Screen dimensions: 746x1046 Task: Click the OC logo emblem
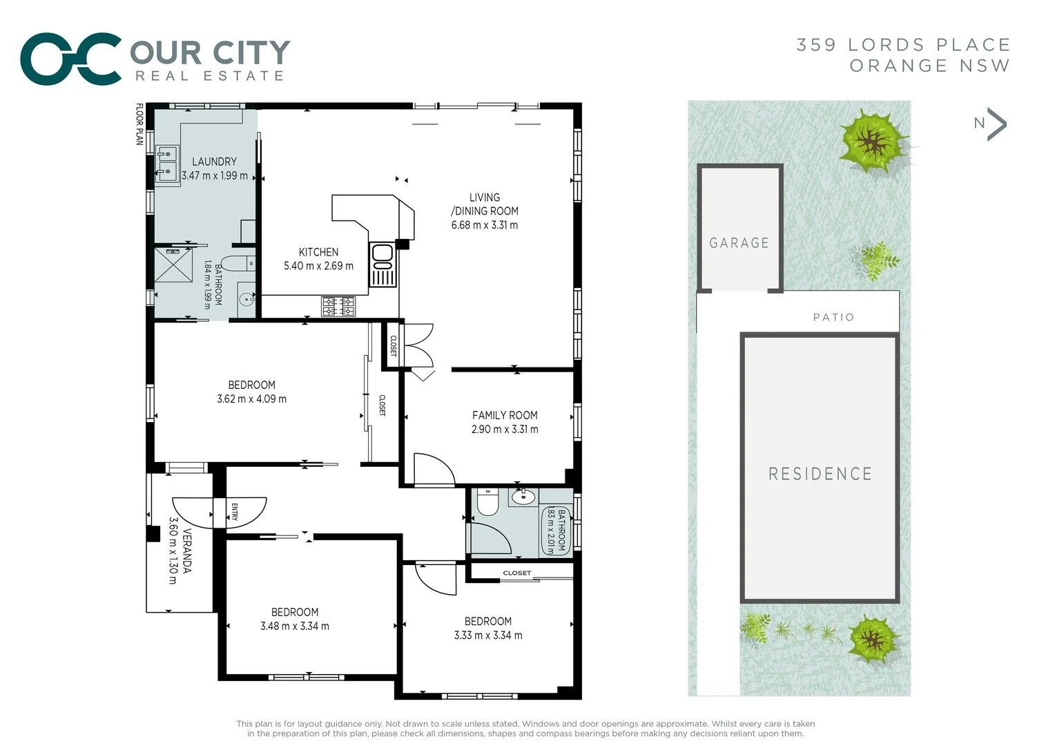(71, 59)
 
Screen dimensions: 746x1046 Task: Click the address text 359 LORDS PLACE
(903, 45)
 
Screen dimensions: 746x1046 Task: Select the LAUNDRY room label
(214, 162)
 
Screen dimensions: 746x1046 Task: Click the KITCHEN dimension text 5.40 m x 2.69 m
(318, 266)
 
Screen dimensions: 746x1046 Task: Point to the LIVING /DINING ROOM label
(485, 204)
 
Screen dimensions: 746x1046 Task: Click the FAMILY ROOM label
(505, 415)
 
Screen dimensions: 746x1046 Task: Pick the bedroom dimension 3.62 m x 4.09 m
(251, 399)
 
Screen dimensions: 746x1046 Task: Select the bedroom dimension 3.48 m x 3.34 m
(295, 627)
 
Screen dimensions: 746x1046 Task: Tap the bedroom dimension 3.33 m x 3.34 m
(488, 635)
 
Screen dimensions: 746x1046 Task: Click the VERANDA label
(186, 551)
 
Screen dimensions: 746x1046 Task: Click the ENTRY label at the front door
(235, 512)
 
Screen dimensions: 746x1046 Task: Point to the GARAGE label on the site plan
(739, 243)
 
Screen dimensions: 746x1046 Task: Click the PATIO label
(833, 317)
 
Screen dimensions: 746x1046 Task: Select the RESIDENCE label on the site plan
(820, 474)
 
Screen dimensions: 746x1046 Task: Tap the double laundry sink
(166, 164)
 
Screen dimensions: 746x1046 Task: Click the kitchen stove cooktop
(338, 306)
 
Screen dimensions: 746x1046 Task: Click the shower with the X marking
(173, 265)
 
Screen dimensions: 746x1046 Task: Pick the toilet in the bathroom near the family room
(487, 501)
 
